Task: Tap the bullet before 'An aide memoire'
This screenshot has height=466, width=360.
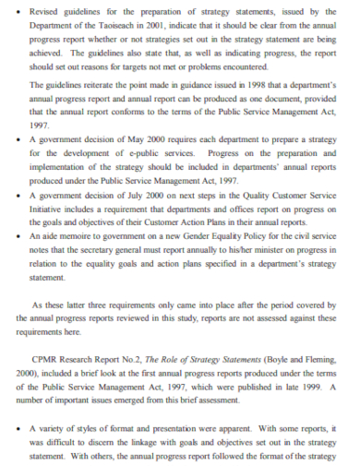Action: [19, 236]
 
